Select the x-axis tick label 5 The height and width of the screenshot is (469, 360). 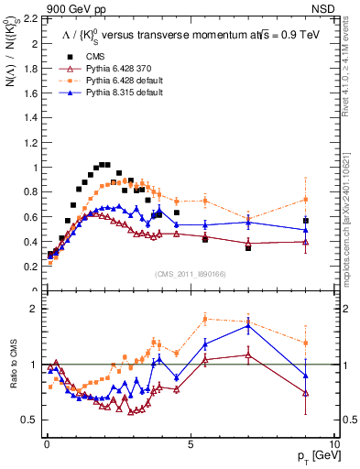190,443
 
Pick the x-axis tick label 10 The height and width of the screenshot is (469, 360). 333,443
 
